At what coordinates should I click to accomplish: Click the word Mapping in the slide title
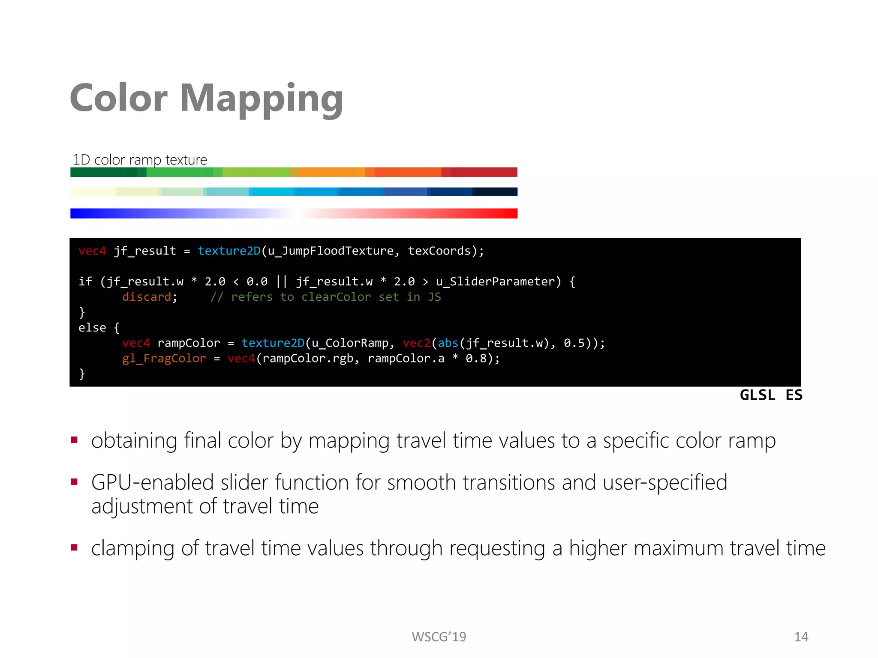tap(261, 99)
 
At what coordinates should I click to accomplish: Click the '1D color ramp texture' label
tap(140, 160)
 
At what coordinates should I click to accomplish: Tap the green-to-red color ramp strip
tap(294, 172)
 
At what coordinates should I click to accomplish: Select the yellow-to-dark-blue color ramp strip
tap(294, 191)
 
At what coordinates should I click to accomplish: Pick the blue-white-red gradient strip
tap(294, 213)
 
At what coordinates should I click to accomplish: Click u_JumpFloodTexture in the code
tap(330, 251)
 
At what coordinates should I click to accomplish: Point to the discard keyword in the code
tap(147, 297)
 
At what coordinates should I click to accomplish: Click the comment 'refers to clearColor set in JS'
tap(326, 297)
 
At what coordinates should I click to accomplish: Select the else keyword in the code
tap(92, 328)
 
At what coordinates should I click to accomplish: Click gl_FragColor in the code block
tap(164, 359)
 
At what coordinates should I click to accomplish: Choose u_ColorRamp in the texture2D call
tap(350, 343)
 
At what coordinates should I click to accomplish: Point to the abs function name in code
tap(448, 343)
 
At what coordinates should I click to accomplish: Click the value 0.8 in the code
tap(476, 359)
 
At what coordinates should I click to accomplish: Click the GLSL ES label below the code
tap(771, 395)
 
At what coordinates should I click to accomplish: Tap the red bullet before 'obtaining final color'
tap(74, 440)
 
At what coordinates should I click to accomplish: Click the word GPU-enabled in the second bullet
tap(152, 482)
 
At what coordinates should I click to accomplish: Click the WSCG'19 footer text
tap(439, 637)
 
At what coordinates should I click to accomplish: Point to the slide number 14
tap(801, 637)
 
